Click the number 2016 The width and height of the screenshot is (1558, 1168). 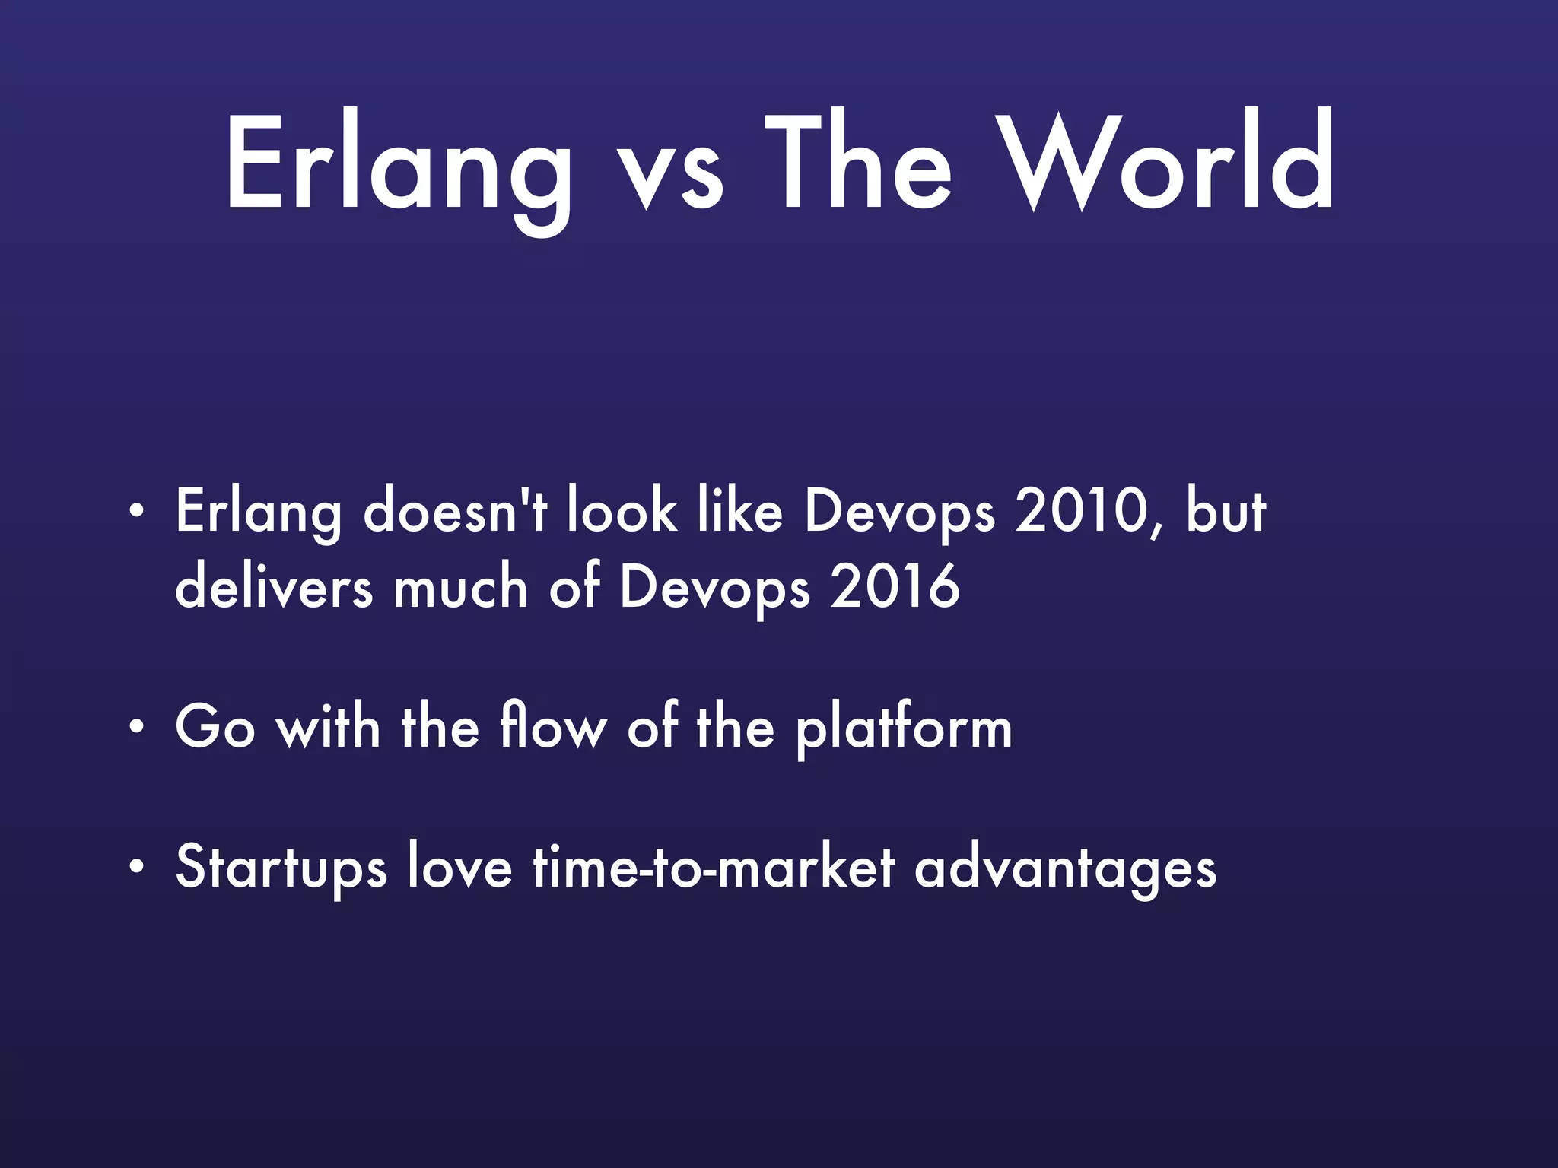coord(895,587)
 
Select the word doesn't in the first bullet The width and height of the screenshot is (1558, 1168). coord(455,511)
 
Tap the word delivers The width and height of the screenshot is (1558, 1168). coord(274,587)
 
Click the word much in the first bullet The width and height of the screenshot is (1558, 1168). coord(459,587)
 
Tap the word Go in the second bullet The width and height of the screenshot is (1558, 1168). coord(215,727)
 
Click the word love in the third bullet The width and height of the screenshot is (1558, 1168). coord(459,867)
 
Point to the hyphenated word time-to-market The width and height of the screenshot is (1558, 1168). coord(713,867)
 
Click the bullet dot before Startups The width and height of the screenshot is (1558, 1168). coord(136,866)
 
